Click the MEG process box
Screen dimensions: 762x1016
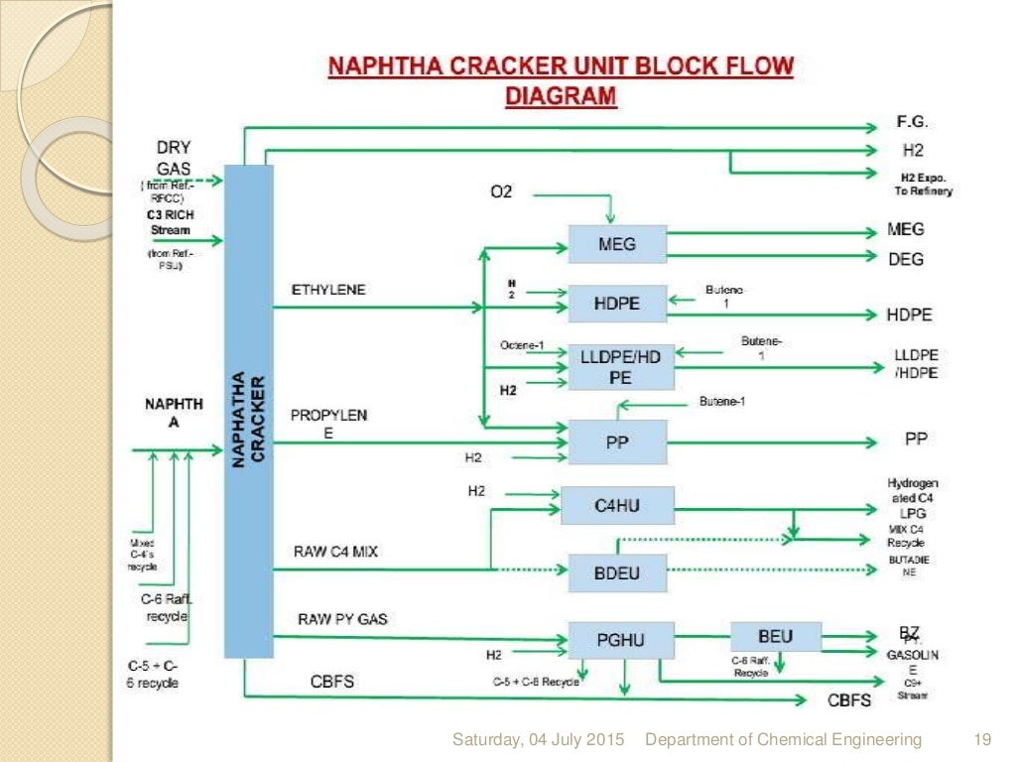pyautogui.click(x=617, y=244)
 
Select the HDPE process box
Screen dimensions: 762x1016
pyautogui.click(x=617, y=304)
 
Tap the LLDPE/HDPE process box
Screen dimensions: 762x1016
pyautogui.click(x=617, y=367)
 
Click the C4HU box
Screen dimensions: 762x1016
pyautogui.click(x=617, y=506)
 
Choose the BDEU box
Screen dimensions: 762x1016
pyautogui.click(x=617, y=572)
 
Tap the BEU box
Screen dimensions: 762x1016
pyautogui.click(x=776, y=636)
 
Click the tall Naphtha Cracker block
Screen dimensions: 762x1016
pyautogui.click(x=248, y=411)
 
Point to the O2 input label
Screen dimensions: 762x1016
pyautogui.click(x=502, y=191)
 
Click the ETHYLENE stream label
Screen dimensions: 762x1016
pyautogui.click(x=328, y=290)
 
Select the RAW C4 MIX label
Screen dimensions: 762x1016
pyautogui.click(x=335, y=551)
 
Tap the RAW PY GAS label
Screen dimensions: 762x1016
pyautogui.click(x=342, y=619)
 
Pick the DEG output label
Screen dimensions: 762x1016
pyautogui.click(x=905, y=259)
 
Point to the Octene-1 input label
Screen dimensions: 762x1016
pyautogui.click(x=523, y=345)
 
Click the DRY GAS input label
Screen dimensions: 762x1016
pyautogui.click(x=174, y=159)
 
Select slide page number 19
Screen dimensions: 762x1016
pyautogui.click(x=983, y=739)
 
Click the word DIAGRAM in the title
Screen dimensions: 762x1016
pyautogui.click(x=562, y=96)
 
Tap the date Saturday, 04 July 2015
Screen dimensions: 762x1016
pyautogui.click(x=539, y=739)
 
